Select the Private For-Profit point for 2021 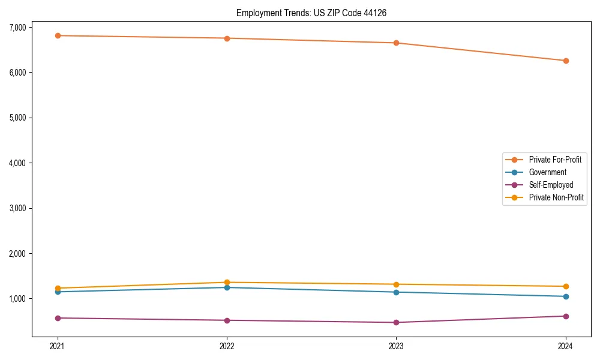pyautogui.click(x=58, y=35)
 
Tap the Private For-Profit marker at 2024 pyautogui.click(x=566, y=61)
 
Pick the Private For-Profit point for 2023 pyautogui.click(x=397, y=43)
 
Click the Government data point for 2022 pyautogui.click(x=227, y=287)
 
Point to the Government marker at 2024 pyautogui.click(x=566, y=296)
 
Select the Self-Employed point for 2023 pyautogui.click(x=397, y=322)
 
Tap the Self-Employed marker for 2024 pyautogui.click(x=566, y=316)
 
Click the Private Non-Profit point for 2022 pyautogui.click(x=227, y=283)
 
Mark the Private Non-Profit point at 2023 pyautogui.click(x=397, y=284)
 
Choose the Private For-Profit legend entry pyautogui.click(x=554, y=160)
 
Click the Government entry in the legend pyautogui.click(x=547, y=172)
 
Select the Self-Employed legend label pyautogui.click(x=551, y=185)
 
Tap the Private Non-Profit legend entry pyautogui.click(x=556, y=197)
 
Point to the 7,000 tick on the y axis pyautogui.click(x=17, y=27)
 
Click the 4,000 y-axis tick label pyautogui.click(x=17, y=163)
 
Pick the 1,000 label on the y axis pyautogui.click(x=17, y=299)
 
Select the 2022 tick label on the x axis pyautogui.click(x=227, y=346)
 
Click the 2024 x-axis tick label pyautogui.click(x=566, y=346)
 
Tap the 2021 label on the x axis pyautogui.click(x=58, y=346)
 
